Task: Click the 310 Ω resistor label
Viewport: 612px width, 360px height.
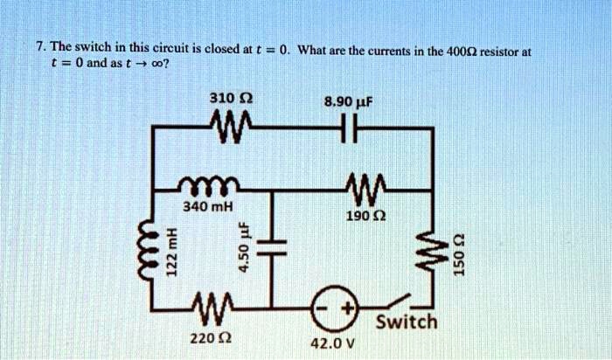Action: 231,98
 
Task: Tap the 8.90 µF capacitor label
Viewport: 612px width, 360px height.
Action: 349,102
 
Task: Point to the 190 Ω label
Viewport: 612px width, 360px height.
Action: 366,215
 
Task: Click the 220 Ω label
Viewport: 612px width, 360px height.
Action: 211,337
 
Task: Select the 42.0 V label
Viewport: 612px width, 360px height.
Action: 333,343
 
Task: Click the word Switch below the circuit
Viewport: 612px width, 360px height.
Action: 407,322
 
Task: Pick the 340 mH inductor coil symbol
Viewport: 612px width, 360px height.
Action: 208,185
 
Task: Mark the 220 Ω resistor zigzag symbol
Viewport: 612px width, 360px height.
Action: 211,309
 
